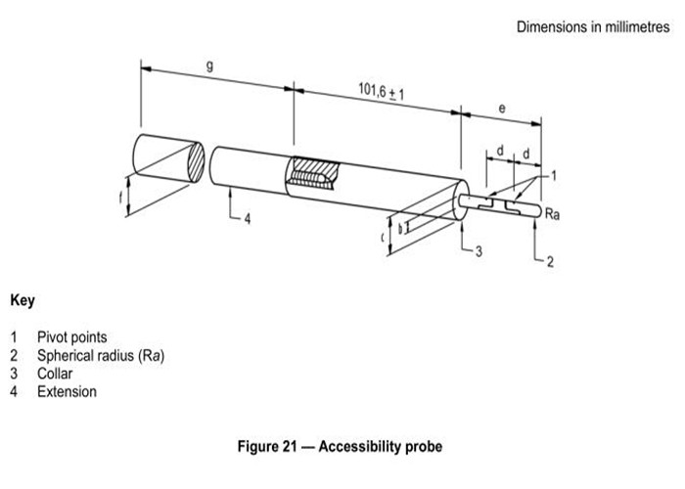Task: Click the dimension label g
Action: click(210, 67)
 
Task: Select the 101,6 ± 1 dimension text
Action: click(381, 91)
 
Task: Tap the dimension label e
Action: click(502, 108)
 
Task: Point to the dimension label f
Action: click(121, 198)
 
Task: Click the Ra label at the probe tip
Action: click(552, 214)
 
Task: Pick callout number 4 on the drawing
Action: click(248, 219)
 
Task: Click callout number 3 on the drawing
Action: click(479, 251)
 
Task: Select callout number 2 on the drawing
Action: click(550, 261)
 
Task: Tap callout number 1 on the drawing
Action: click(554, 176)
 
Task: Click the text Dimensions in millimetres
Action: click(593, 27)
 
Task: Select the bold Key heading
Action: click(23, 300)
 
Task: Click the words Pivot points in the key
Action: click(72, 337)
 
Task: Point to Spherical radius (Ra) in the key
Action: click(101, 355)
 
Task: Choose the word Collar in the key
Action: click(55, 374)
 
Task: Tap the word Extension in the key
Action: click(67, 391)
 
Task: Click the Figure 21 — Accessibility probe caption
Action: click(340, 446)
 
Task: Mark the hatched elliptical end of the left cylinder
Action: click(196, 162)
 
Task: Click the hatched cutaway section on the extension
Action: click(314, 173)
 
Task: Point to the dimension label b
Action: click(400, 229)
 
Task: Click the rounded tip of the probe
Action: click(539, 212)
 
